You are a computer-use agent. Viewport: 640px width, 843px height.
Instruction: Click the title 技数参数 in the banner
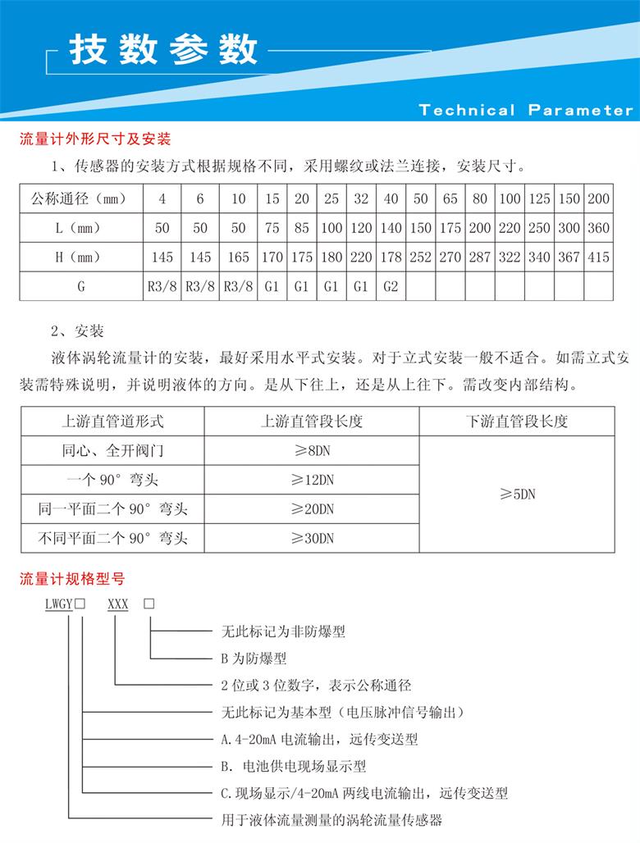tap(163, 50)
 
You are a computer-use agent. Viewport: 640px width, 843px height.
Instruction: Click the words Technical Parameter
tap(526, 110)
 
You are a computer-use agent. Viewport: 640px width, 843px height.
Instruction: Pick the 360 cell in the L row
tap(599, 228)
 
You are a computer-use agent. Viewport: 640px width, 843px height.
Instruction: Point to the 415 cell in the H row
tap(599, 257)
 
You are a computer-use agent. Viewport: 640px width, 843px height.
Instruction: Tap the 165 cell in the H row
tap(238, 257)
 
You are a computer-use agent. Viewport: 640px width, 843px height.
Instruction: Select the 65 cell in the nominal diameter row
tap(450, 199)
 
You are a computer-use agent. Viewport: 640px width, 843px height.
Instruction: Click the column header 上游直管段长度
tap(312, 422)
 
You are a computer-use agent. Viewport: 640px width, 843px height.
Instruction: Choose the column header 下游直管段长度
tap(517, 422)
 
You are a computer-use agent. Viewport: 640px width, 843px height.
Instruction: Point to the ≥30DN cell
tap(313, 539)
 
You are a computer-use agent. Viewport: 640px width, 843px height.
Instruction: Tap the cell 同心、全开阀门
tap(112, 451)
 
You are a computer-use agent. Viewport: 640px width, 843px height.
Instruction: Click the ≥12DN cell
tap(313, 480)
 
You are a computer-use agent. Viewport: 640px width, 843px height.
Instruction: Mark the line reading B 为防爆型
tap(254, 658)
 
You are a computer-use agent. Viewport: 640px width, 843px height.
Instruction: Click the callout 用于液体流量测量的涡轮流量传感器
tap(332, 819)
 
